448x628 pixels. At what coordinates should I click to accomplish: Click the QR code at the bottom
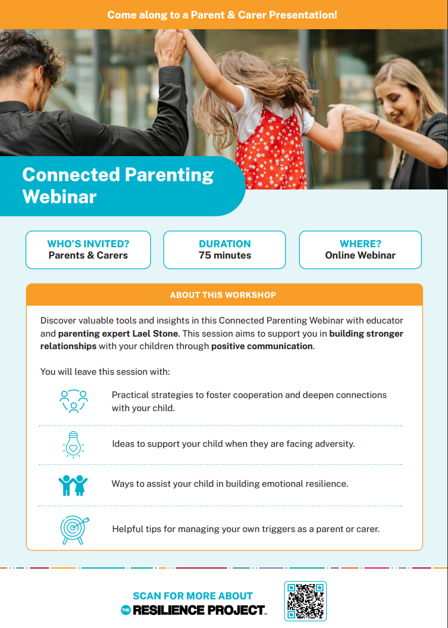(305, 601)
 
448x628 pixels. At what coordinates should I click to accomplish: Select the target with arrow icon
(74, 528)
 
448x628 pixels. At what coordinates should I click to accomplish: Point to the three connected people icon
(74, 401)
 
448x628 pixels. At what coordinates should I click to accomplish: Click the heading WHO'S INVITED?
(88, 244)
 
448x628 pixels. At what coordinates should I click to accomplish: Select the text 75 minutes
(225, 255)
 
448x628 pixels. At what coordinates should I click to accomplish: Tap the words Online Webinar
(360, 255)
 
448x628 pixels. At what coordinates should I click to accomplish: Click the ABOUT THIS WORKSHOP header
(223, 295)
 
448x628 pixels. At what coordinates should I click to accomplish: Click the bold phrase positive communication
(262, 346)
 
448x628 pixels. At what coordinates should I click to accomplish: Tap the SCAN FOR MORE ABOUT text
(193, 596)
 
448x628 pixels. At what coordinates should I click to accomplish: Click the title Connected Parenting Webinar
(118, 185)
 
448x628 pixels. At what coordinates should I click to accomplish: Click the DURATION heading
(225, 244)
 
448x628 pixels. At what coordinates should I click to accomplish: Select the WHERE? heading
(360, 244)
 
